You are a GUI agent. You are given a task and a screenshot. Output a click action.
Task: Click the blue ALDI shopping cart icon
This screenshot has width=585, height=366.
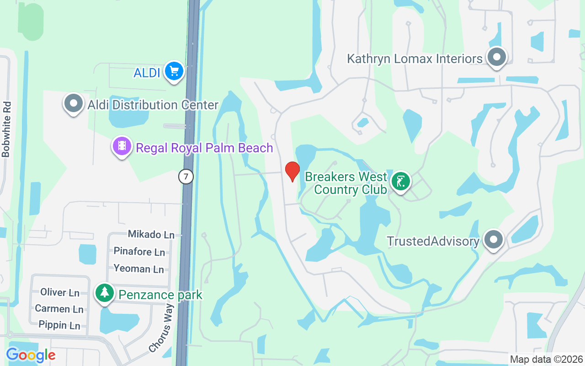tap(174, 71)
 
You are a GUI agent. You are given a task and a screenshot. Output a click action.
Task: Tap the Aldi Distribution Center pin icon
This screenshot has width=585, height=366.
tap(73, 103)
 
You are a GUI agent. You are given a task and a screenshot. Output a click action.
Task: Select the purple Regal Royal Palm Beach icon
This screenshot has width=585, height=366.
tap(122, 146)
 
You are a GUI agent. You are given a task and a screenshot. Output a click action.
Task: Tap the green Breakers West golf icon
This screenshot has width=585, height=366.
tap(401, 182)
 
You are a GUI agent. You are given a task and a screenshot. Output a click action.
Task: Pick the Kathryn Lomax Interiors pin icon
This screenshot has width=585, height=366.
tap(496, 58)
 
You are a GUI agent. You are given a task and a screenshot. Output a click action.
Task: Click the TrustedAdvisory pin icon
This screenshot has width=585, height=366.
tap(493, 239)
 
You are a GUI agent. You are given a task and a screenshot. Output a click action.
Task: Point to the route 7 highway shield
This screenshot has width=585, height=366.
tap(186, 177)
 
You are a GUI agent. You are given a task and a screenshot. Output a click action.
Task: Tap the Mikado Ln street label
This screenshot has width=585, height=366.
tap(151, 234)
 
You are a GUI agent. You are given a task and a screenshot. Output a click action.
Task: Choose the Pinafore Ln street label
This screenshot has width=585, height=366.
tap(139, 252)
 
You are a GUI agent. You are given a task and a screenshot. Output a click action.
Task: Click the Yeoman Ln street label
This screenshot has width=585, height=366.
tap(138, 269)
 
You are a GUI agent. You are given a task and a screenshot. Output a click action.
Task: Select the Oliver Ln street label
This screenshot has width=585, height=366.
tap(60, 292)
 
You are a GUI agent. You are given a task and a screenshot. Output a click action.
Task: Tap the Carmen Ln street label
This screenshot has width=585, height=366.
tap(59, 309)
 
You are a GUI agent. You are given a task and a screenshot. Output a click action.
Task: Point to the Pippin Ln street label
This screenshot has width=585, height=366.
tap(59, 325)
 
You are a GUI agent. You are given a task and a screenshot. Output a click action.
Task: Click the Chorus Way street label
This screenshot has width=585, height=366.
tap(162, 331)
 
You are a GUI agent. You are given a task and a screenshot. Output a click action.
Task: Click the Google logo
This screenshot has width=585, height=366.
tap(31, 355)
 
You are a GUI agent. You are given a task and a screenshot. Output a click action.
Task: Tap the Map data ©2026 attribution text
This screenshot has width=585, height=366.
tap(546, 359)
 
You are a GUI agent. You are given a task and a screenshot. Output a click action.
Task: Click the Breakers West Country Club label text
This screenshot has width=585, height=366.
tap(346, 183)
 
